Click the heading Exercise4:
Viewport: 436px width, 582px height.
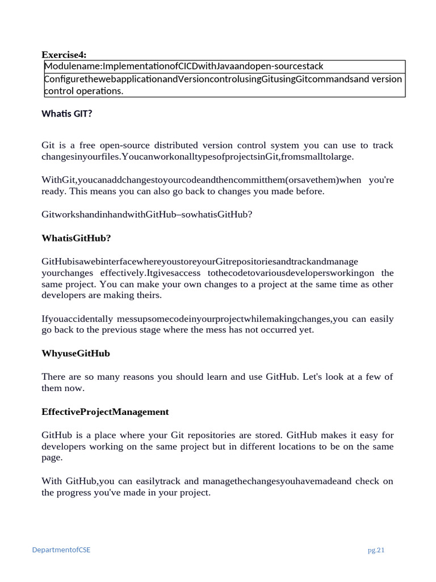pyautogui.click(x=64, y=55)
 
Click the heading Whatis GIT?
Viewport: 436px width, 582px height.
pyautogui.click(x=66, y=114)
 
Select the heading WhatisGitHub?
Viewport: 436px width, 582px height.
pyautogui.click(x=76, y=238)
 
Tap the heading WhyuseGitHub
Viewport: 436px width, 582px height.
pyautogui.click(x=76, y=353)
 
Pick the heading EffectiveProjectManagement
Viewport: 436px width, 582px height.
pyautogui.click(x=105, y=411)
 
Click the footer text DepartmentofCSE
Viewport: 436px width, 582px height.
pyautogui.click(x=61, y=550)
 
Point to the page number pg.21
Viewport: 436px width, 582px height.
pyautogui.click(x=376, y=550)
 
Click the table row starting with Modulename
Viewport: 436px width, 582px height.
pyautogui.click(x=184, y=67)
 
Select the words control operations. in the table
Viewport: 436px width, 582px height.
pyautogui.click(x=83, y=91)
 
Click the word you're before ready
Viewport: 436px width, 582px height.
pyautogui.click(x=381, y=180)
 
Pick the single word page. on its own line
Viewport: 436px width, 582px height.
pyautogui.click(x=52, y=458)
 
